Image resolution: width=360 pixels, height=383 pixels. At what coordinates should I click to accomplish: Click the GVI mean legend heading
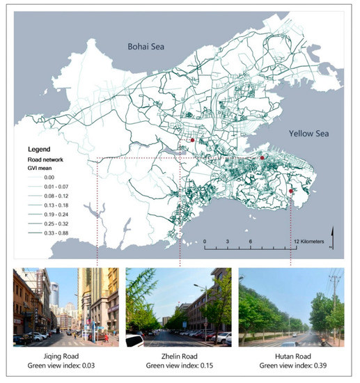(40, 169)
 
